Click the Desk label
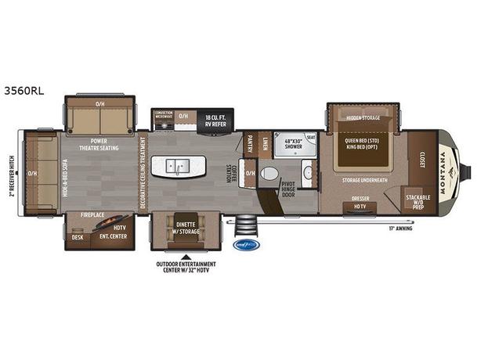click(x=78, y=237)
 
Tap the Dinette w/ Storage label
click(x=185, y=227)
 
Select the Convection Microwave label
click(x=164, y=115)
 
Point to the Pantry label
click(x=250, y=142)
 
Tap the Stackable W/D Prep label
click(x=415, y=200)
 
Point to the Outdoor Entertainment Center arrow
click(x=185, y=255)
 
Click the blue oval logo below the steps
click(x=248, y=244)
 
